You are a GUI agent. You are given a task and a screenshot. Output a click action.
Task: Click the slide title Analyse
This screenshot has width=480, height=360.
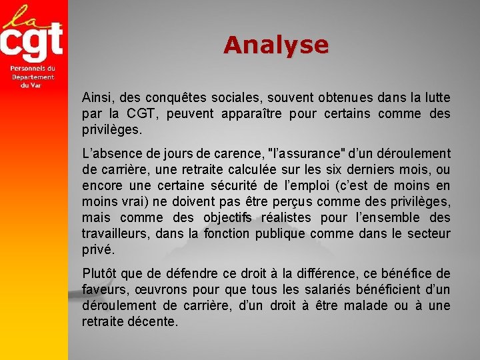coord(276,45)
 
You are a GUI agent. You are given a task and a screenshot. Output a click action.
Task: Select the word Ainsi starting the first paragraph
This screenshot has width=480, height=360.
coord(95,97)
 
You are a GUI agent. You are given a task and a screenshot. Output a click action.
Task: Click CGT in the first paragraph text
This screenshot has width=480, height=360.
coord(141,113)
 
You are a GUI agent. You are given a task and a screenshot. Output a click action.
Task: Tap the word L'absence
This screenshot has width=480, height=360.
coord(109,153)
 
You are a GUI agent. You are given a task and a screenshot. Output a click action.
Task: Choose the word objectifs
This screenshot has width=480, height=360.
coord(224,217)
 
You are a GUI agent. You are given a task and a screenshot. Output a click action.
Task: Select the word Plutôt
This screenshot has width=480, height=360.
coord(99,273)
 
